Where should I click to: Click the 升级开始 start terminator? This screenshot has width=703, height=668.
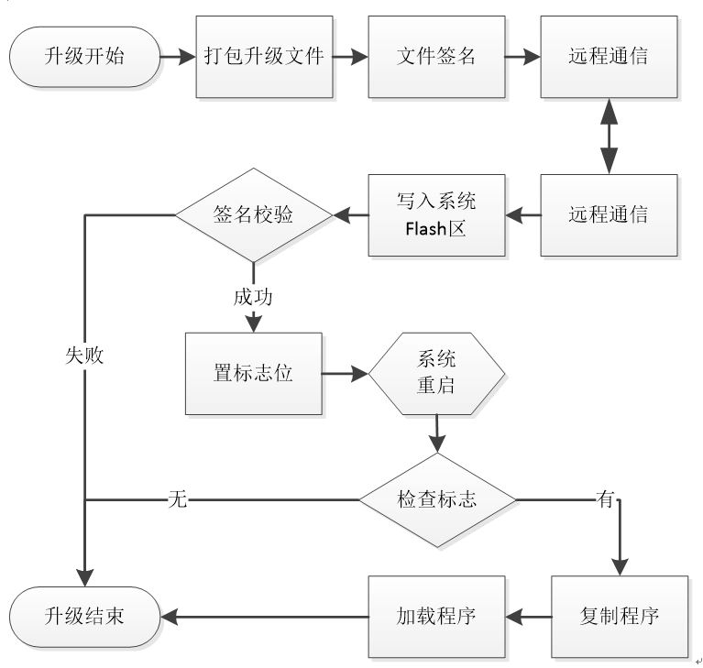(84, 57)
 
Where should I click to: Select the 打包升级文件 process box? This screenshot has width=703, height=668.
(264, 57)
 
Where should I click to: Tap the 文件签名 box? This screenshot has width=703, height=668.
(436, 57)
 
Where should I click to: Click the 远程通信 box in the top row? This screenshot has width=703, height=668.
(609, 57)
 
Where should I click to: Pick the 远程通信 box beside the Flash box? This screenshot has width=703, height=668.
(609, 215)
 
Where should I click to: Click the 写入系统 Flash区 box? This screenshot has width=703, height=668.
(436, 215)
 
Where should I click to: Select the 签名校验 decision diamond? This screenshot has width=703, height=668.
(254, 215)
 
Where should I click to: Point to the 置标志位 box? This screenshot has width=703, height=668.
(254, 374)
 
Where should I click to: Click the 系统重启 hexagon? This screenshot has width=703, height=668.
(436, 374)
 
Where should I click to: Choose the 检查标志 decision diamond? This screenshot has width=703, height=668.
(437, 500)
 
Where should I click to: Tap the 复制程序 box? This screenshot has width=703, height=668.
(620, 617)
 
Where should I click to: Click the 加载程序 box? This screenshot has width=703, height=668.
(436, 617)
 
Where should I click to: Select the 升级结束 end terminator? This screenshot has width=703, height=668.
(84, 617)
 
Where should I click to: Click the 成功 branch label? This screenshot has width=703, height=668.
(253, 297)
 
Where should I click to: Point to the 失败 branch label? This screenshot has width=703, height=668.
(84, 356)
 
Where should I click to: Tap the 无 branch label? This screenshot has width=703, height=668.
(178, 499)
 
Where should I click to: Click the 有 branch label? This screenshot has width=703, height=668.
(605, 498)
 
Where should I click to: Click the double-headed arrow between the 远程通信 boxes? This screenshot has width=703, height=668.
(609, 136)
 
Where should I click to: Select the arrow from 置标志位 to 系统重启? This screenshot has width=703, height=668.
(346, 374)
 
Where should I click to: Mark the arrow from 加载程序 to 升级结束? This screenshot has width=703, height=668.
(265, 617)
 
